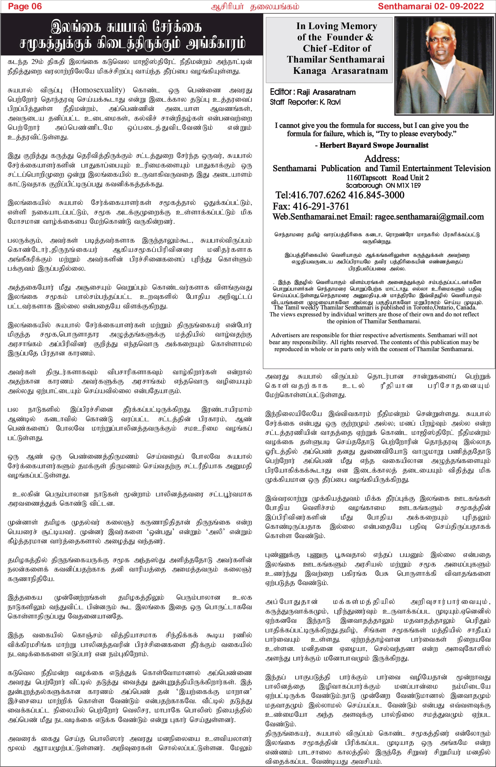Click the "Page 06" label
pos(25,6)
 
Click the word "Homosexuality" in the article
pos(98,90)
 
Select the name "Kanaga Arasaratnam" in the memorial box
pos(341,71)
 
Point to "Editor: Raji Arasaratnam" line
pos(313,92)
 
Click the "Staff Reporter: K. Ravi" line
pos(305,102)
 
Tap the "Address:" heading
pos(382,158)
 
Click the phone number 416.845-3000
pos(376,195)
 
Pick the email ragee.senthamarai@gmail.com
pos(429,217)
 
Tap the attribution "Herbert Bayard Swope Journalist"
pos(374,145)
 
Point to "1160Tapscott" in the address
pos(366,178)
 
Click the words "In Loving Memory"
pos(337,26)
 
